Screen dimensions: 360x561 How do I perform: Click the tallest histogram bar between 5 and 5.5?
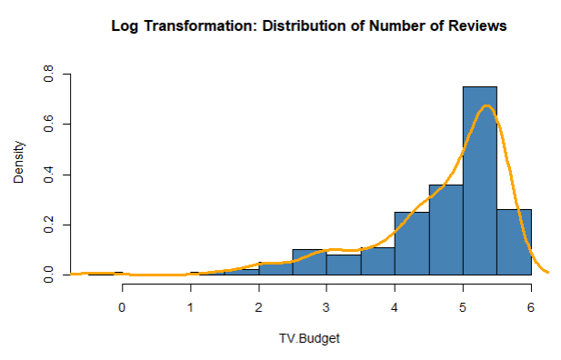click(480, 182)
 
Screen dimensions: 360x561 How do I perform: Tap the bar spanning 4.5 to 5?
click(446, 229)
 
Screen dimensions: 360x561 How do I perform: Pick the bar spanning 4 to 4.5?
click(412, 244)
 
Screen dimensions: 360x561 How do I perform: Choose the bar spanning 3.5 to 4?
click(377, 261)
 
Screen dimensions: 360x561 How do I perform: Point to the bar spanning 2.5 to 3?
click(309, 262)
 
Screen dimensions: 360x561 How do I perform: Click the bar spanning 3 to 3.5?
click(344, 265)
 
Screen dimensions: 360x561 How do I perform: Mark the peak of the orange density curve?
click(487, 105)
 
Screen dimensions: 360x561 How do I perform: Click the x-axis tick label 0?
click(122, 307)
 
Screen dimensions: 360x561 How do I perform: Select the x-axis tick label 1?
click(190, 307)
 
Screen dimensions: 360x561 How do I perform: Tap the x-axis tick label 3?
click(326, 307)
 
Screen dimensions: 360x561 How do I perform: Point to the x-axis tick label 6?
click(531, 307)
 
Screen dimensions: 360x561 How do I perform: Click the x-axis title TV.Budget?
click(309, 339)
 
